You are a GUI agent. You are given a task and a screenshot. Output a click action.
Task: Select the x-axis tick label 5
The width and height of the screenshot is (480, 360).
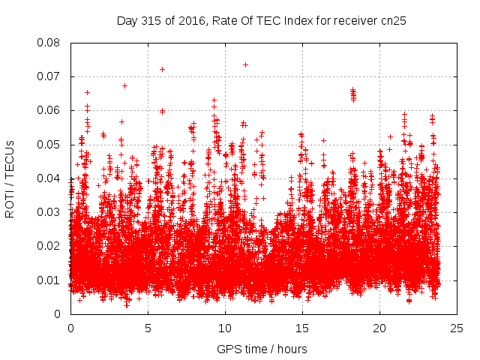click(148, 328)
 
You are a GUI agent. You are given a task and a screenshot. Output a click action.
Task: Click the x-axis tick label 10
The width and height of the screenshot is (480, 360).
click(225, 328)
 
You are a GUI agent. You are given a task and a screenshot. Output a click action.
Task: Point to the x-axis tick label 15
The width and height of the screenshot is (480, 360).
click(302, 328)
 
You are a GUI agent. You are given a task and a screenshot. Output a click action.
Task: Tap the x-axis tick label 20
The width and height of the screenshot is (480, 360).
click(379, 328)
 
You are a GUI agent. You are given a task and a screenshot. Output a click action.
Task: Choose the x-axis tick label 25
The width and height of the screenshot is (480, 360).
click(457, 328)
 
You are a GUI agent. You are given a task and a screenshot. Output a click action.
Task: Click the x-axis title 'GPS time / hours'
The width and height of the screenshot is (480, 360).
click(262, 349)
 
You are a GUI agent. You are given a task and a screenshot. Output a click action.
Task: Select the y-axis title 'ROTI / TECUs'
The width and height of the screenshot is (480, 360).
click(10, 178)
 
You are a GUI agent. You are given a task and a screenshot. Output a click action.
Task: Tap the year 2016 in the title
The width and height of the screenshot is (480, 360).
click(199, 20)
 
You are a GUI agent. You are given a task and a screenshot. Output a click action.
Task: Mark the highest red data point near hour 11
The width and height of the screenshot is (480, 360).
click(245, 64)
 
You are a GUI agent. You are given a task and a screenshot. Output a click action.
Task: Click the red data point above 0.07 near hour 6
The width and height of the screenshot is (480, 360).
click(162, 69)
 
